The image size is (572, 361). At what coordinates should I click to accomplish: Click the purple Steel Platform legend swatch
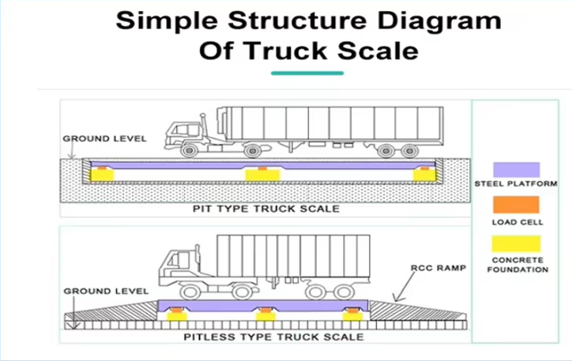pos(516,169)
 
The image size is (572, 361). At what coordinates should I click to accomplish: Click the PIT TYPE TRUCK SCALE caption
pos(266,209)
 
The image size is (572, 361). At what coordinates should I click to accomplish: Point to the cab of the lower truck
pos(180,267)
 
